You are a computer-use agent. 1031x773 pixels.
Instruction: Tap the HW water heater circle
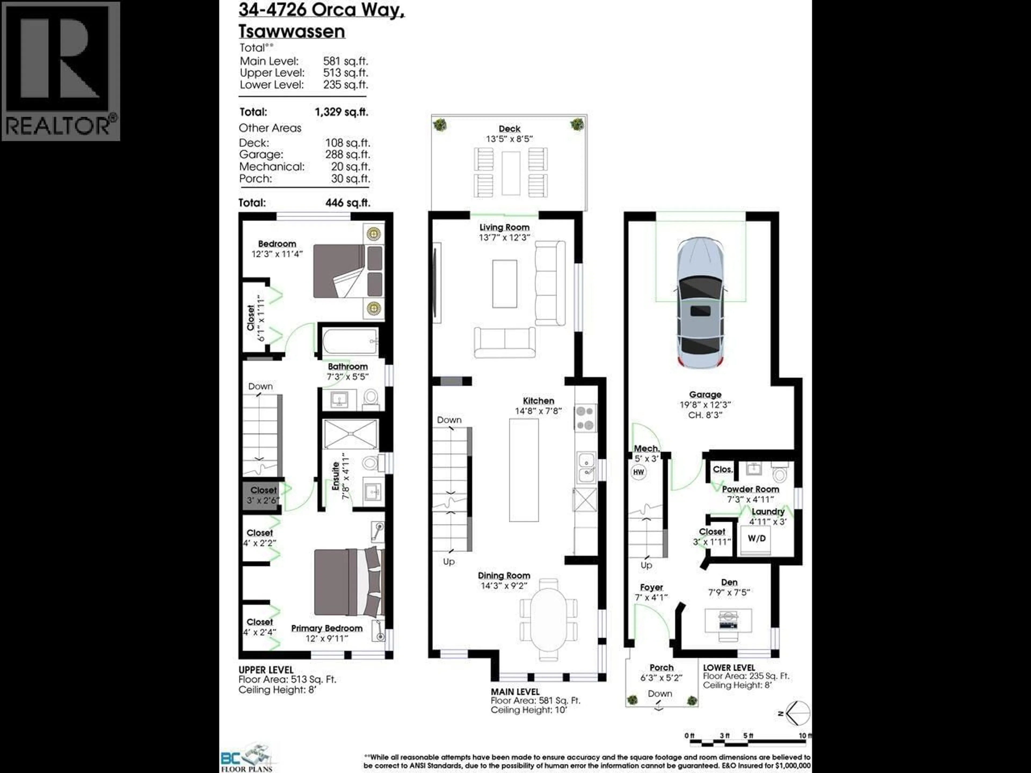(638, 472)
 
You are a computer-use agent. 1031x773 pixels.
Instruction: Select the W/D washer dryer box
(757, 539)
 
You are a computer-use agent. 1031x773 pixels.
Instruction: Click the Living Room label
(504, 227)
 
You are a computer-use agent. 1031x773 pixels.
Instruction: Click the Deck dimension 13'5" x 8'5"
(509, 139)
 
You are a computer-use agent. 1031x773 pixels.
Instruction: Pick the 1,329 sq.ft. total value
(341, 112)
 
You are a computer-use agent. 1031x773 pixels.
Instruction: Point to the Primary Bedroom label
(327, 628)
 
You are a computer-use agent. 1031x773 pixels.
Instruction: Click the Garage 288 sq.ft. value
(347, 154)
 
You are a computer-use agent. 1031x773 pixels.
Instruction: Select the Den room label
(729, 582)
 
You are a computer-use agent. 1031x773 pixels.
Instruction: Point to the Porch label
(661, 668)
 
